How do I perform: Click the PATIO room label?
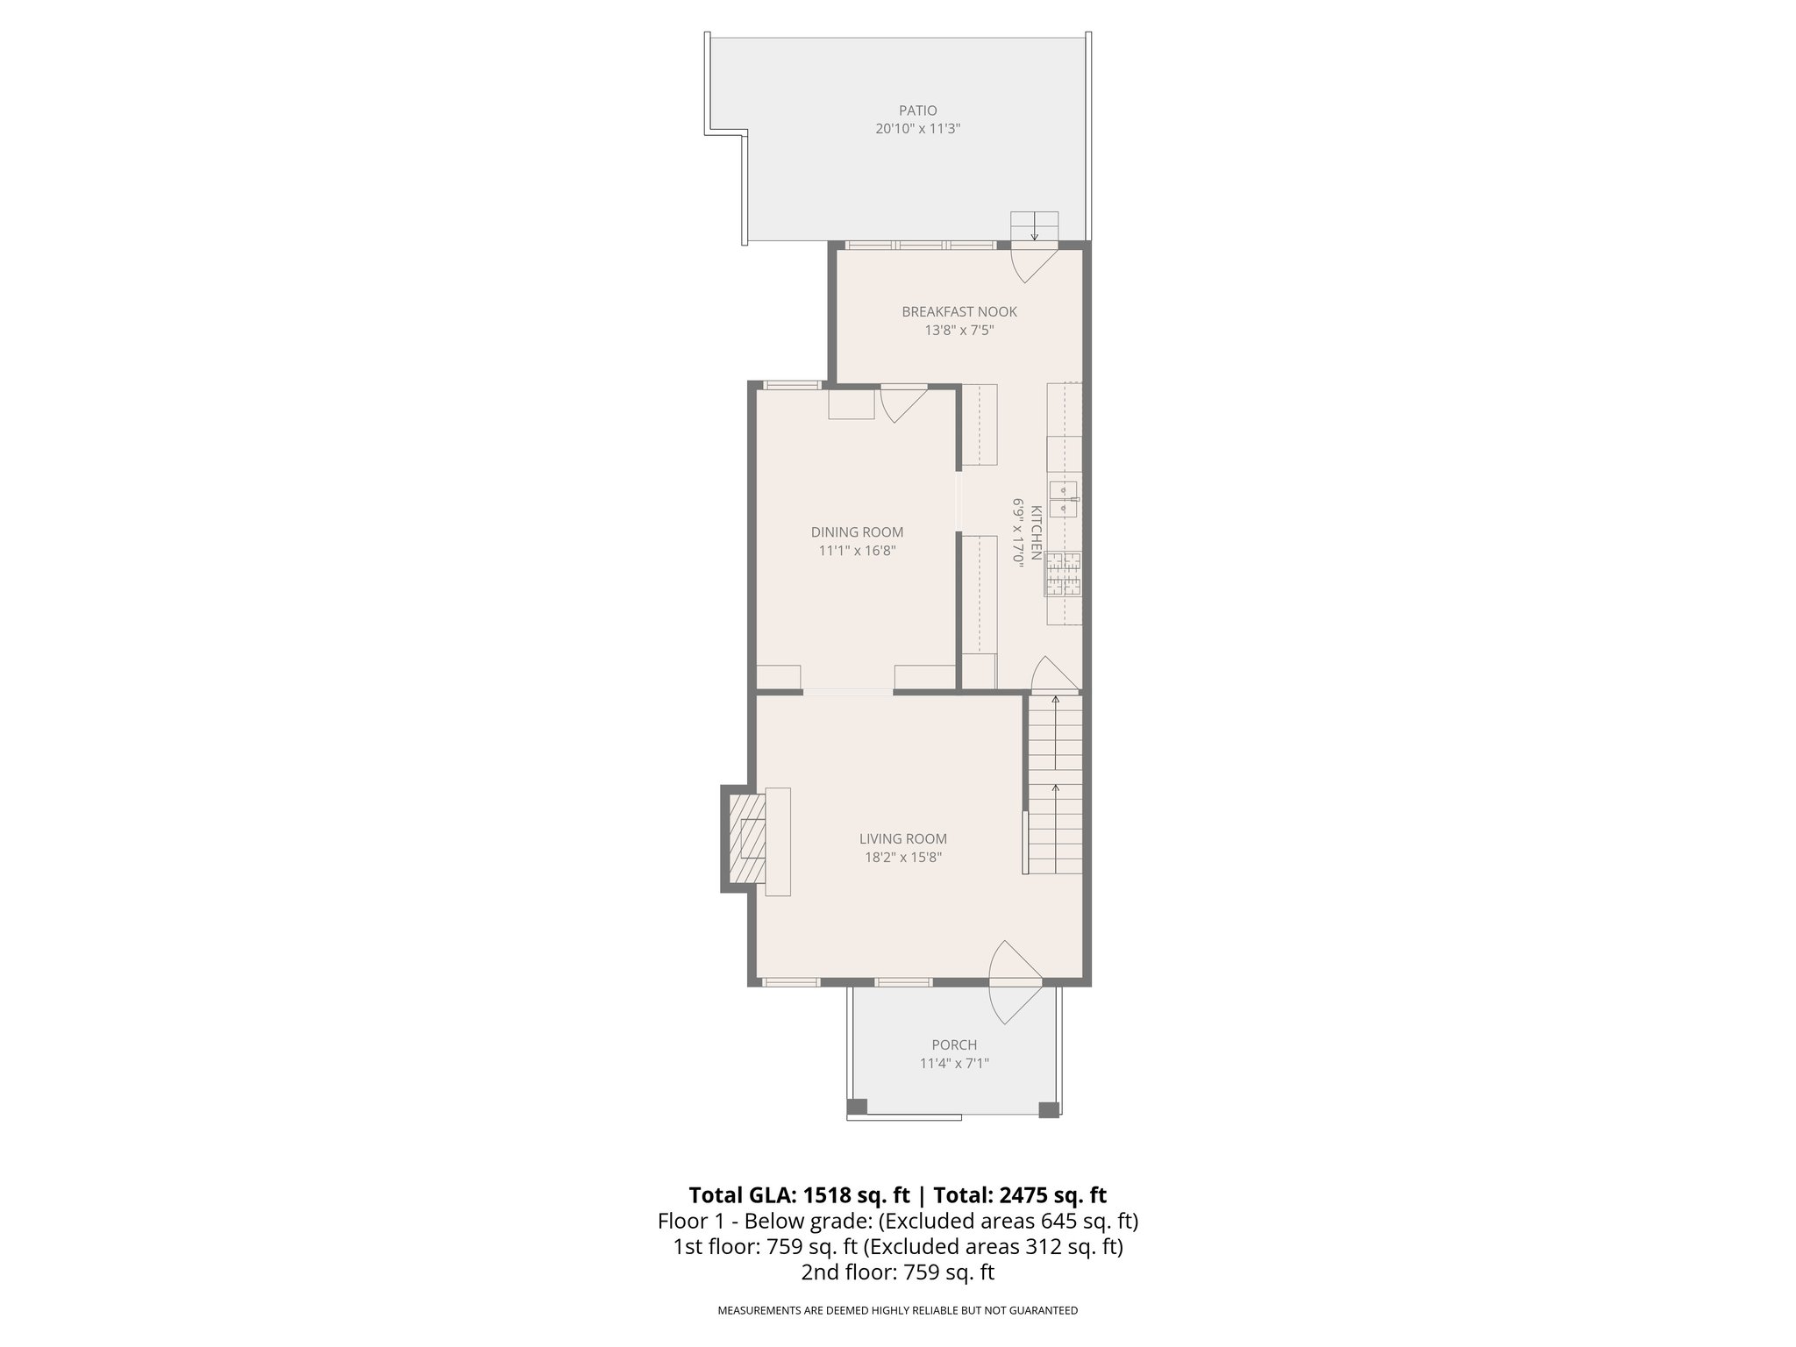click(917, 110)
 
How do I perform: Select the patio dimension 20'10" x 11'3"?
click(917, 129)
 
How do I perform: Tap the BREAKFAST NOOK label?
click(959, 311)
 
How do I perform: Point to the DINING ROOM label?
click(857, 532)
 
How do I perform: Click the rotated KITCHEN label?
click(1036, 532)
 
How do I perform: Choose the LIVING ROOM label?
click(902, 839)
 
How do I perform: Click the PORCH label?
click(954, 1045)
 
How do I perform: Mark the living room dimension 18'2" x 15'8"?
click(902, 858)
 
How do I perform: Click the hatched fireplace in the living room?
click(745, 838)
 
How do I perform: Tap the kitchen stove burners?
click(1063, 574)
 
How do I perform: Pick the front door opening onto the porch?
click(1016, 982)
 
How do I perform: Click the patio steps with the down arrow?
click(1035, 226)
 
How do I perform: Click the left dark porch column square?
click(857, 1107)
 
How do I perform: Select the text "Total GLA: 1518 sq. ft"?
click(801, 1195)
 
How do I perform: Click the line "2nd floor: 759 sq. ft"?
click(897, 1272)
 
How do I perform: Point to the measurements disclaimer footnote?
click(897, 1310)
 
